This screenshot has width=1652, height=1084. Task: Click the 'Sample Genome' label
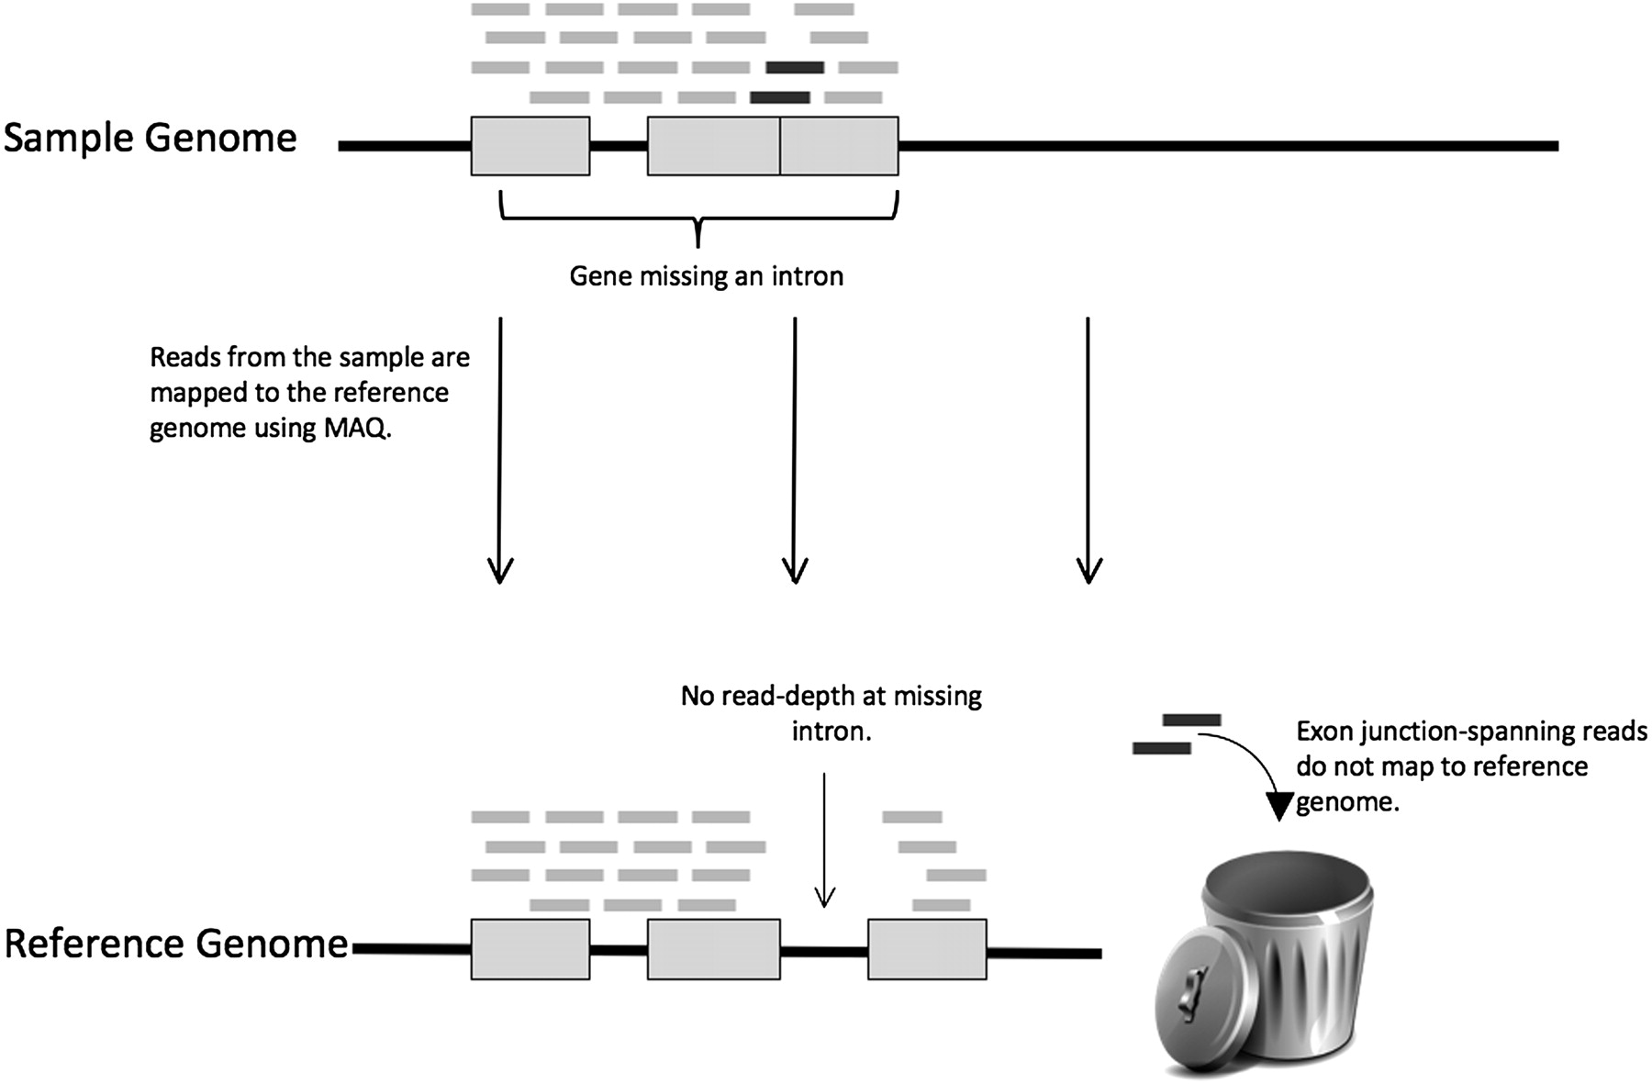[151, 139]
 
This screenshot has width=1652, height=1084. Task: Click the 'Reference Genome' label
[176, 944]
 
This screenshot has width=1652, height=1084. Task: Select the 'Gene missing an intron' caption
[706, 276]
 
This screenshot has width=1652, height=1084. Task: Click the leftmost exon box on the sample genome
[530, 146]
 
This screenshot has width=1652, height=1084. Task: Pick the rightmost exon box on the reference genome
[927, 949]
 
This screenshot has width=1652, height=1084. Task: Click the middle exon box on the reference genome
[713, 949]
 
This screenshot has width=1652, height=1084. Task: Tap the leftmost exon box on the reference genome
[530, 949]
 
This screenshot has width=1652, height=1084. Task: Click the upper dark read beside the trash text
[1191, 720]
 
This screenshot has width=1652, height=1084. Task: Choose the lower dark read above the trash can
[1161, 749]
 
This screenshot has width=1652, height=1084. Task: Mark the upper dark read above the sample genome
[795, 67]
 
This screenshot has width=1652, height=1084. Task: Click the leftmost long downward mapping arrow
[500, 450]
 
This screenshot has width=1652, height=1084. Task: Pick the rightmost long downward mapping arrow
[1088, 450]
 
